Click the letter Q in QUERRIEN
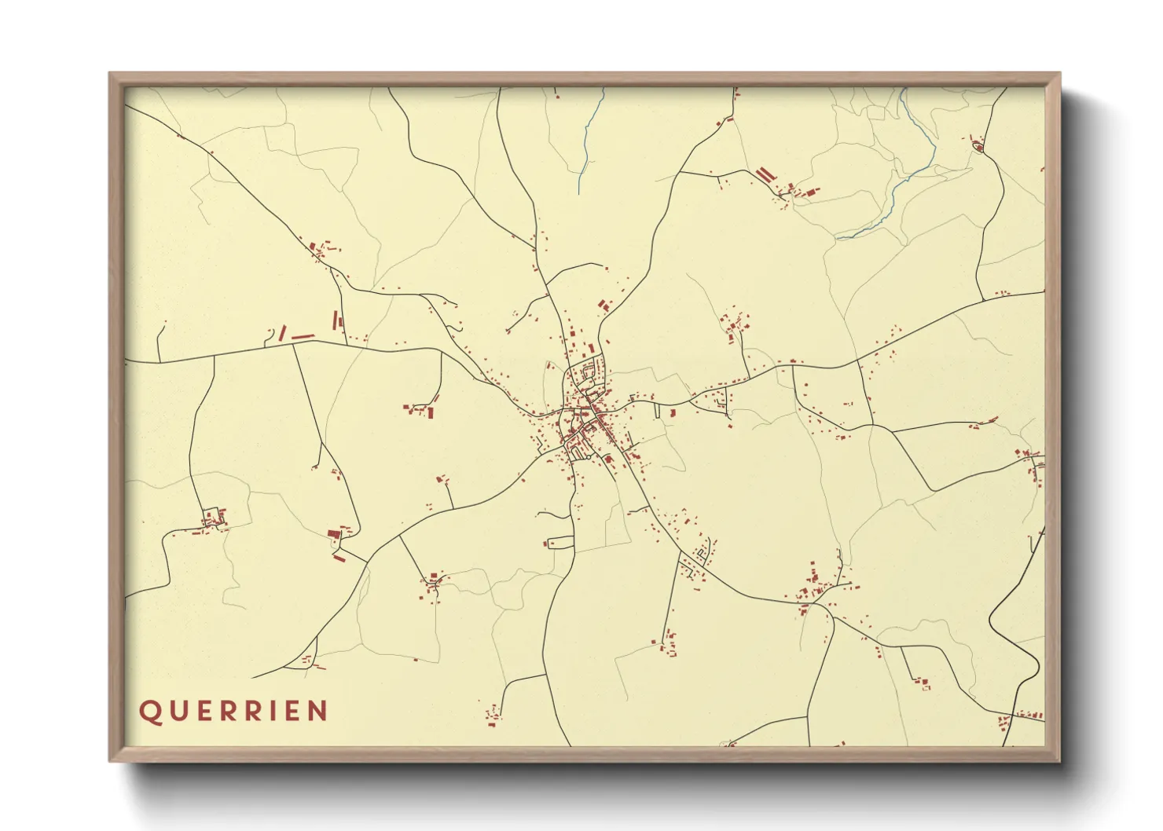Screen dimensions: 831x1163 149,712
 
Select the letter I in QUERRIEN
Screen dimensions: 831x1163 271,712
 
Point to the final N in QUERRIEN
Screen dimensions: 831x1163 317,712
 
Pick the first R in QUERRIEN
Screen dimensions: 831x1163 227,712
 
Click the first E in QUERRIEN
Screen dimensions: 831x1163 202,712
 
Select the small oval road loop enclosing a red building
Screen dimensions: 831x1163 979,146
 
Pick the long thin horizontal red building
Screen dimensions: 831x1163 303,336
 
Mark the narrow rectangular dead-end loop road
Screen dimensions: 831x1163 560,542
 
